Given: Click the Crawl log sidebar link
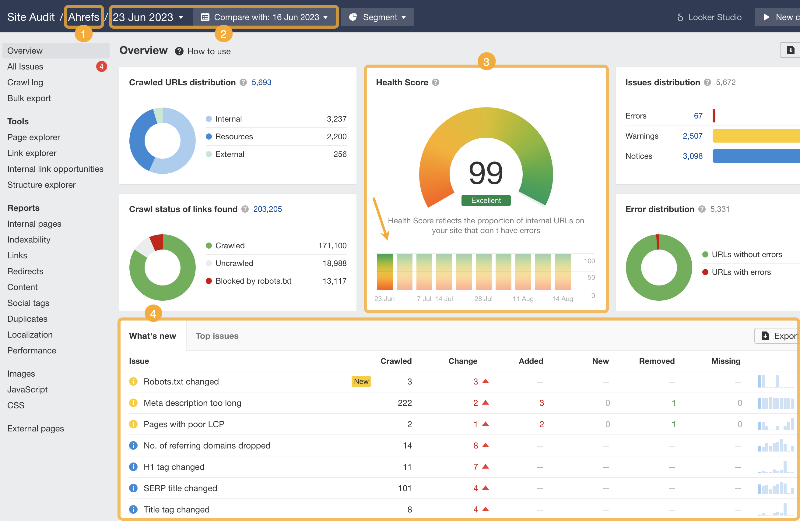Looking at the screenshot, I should coord(25,82).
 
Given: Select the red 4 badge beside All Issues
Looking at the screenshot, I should coord(101,67).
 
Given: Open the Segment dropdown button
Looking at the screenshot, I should coord(377,17).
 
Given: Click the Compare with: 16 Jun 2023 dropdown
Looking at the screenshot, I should coord(265,17).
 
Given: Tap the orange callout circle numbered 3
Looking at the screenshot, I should coord(486,62).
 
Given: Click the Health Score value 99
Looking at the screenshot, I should coord(486,173).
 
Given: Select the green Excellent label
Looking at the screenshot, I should coord(486,200).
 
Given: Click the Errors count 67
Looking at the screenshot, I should coord(698,116).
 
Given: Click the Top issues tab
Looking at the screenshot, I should coord(217,336).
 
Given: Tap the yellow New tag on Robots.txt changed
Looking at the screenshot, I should coord(361,381).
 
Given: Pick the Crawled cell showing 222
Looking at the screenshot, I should coord(405,403).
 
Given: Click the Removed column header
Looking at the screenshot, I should coord(657,361).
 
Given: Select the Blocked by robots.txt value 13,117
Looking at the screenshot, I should coord(335,281).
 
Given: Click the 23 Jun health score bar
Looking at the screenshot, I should coord(384,272).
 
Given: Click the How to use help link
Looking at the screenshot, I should coord(209,51).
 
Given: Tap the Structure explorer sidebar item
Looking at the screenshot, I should coord(41,185).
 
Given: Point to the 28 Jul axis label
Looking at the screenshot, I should coord(483,299).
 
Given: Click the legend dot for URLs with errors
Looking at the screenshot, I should coord(705,272).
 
